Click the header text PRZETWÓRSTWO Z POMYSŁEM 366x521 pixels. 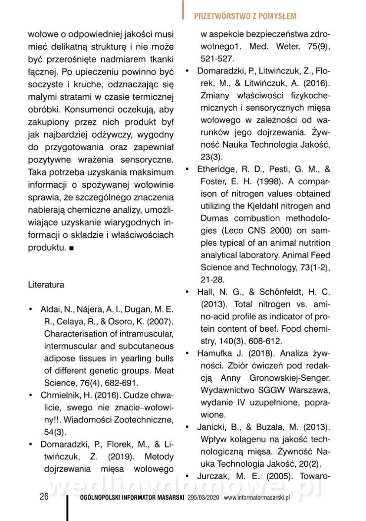245,16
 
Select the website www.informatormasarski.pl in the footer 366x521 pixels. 257,498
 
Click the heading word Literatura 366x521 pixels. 46,285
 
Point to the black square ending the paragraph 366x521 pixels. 71,248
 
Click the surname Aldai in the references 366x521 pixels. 50,310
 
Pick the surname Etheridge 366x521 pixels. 217,169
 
